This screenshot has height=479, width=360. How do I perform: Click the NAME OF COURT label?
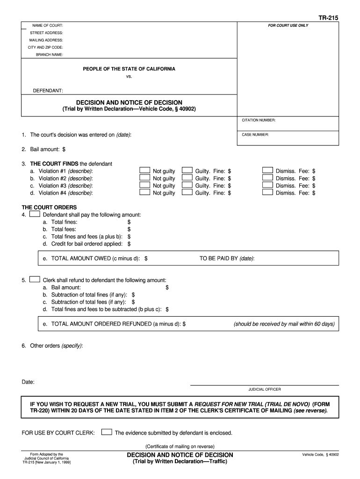(x=47, y=25)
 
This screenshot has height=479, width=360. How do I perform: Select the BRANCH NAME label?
(x=50, y=55)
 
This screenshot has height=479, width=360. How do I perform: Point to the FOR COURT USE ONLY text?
(x=288, y=25)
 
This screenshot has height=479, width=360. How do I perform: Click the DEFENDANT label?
(x=48, y=90)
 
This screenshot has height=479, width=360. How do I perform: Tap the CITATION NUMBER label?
(x=259, y=120)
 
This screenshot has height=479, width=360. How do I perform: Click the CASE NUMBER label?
(x=255, y=135)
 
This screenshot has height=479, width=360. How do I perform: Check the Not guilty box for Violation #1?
(x=145, y=171)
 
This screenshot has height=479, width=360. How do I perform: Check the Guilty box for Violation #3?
(x=187, y=185)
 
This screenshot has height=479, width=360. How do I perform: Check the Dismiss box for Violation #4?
(x=267, y=192)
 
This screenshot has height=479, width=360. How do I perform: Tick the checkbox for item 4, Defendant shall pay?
(x=35, y=214)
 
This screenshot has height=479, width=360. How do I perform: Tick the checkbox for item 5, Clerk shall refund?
(x=35, y=280)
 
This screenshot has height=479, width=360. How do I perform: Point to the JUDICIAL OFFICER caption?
(x=265, y=389)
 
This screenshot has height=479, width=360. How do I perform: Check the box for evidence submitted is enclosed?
(x=107, y=432)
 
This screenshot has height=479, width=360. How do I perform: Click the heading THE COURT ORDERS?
(x=49, y=207)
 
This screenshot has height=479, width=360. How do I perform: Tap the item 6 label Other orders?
(x=44, y=346)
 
